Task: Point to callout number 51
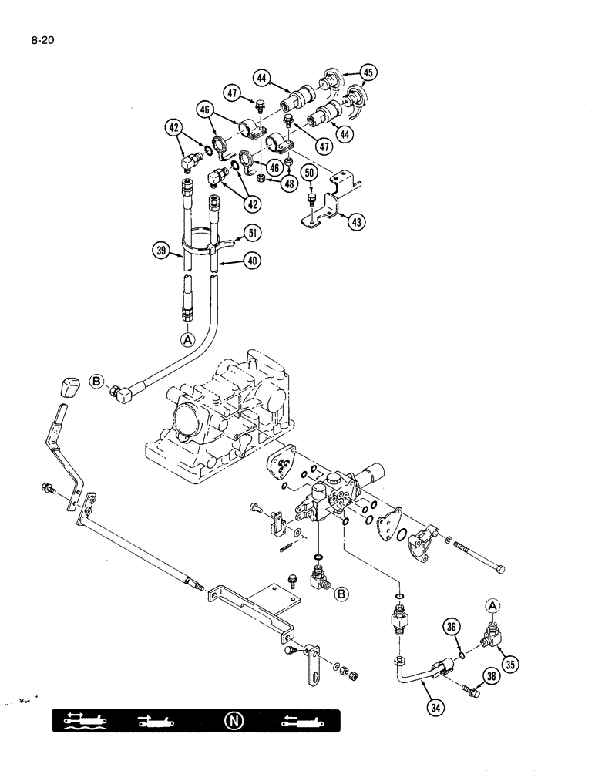pos(251,232)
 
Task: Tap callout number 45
pos(368,72)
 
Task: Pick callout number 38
pos(491,677)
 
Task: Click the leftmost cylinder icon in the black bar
pos(87,721)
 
